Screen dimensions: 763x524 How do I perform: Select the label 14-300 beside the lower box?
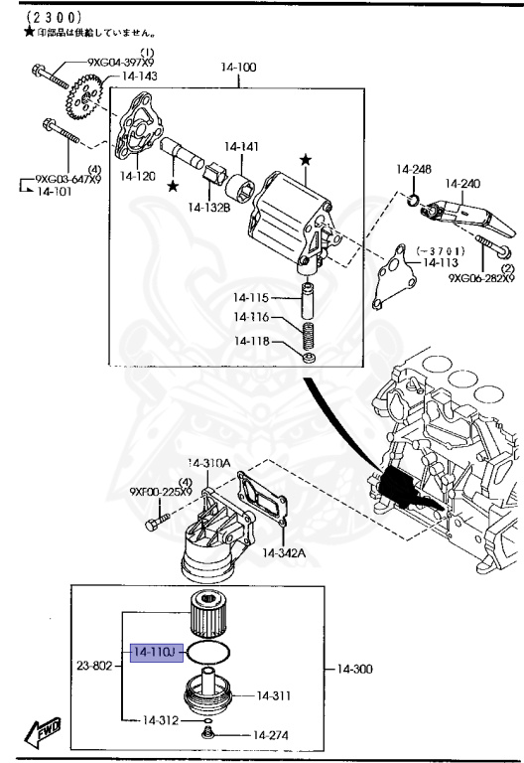[x=355, y=669]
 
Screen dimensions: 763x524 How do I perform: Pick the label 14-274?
[x=269, y=736]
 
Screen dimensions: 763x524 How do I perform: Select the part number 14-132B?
[x=209, y=207]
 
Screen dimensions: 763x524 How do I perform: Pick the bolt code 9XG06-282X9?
[x=480, y=279]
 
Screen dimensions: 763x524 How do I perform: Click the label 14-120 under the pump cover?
[x=138, y=176]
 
